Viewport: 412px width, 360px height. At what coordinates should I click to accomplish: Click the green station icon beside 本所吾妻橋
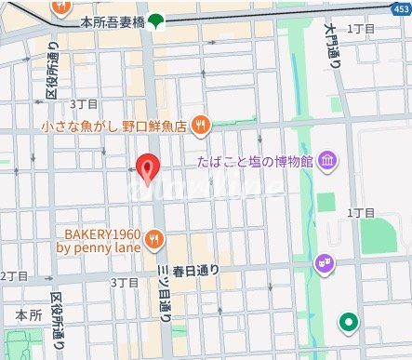[x=155, y=20]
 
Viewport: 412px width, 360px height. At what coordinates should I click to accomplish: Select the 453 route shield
[x=397, y=8]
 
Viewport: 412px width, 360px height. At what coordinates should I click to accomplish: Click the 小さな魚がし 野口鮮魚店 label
[x=113, y=126]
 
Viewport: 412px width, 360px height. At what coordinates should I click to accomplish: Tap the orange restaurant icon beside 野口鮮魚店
[x=201, y=125]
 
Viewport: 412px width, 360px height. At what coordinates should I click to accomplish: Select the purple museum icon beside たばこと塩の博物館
[x=327, y=163]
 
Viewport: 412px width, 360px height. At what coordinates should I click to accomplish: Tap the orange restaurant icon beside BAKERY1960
[x=154, y=240]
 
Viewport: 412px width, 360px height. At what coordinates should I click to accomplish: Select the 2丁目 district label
[x=16, y=276]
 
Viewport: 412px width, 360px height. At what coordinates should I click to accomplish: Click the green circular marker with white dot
[x=349, y=323]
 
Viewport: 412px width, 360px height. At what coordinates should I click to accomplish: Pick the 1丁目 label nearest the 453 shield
[x=361, y=30]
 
